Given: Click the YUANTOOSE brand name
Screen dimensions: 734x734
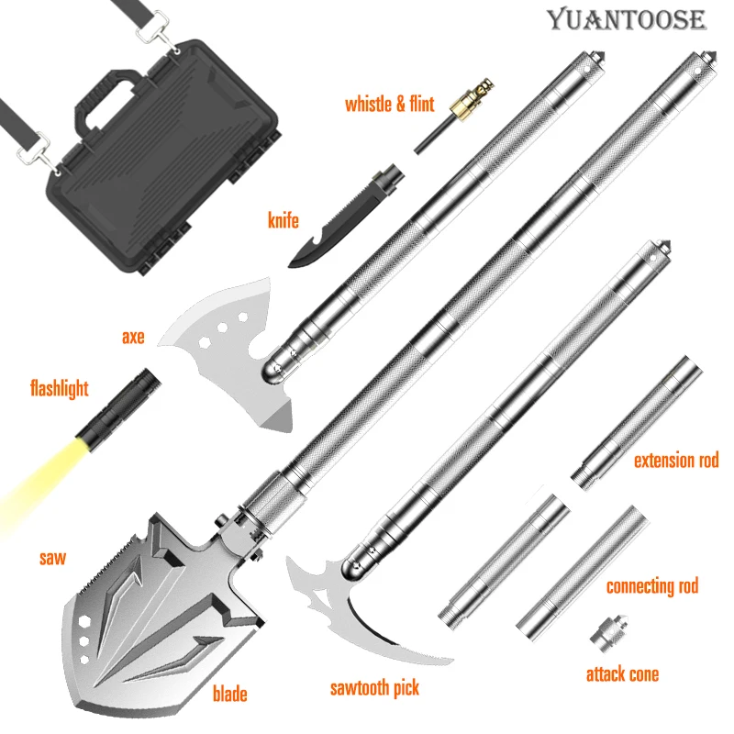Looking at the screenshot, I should point(627,19).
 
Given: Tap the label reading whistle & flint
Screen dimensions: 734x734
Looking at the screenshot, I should point(389,103).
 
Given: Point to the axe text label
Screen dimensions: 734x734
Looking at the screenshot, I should point(133,336).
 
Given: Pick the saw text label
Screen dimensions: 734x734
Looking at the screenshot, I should point(52,557).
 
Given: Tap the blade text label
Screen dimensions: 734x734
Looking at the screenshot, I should point(229,694).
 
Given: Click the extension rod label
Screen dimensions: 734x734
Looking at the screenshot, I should point(675,460).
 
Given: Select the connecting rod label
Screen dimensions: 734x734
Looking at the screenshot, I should point(651,585).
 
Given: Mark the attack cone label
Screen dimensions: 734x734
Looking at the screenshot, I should point(622,674).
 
